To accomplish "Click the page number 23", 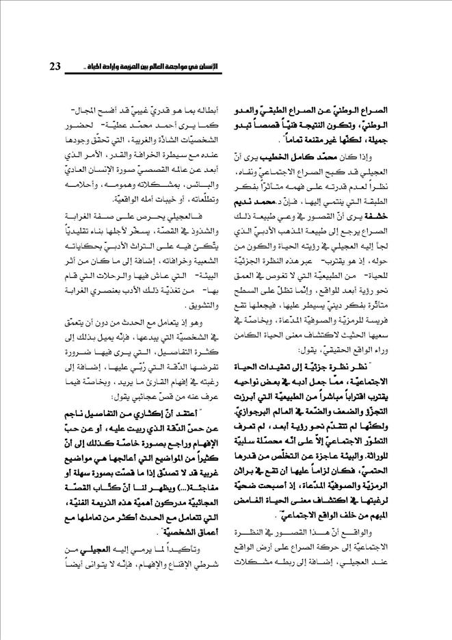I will (55, 66).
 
